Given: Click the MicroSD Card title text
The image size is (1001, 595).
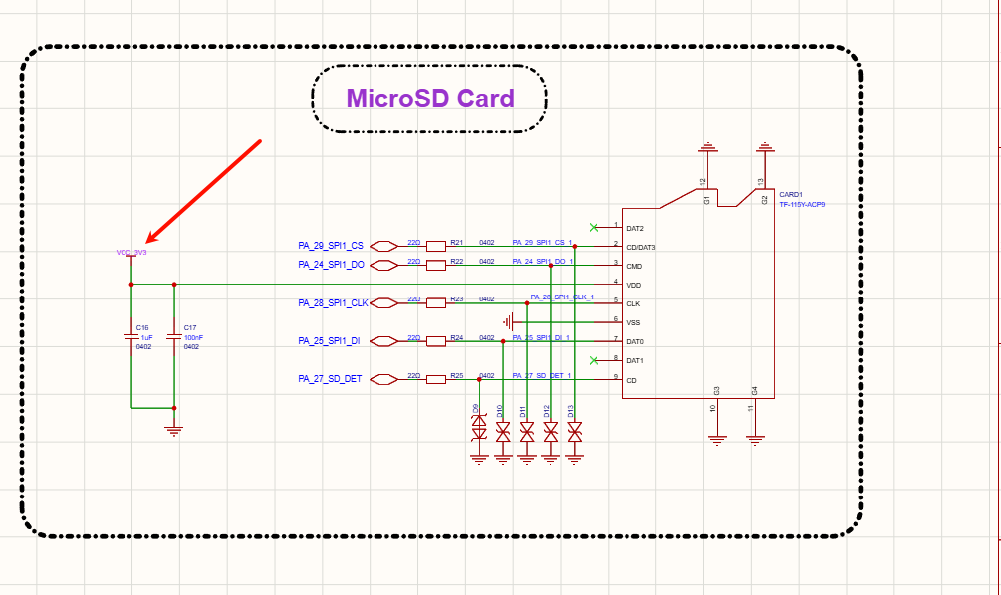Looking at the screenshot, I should click(x=430, y=99).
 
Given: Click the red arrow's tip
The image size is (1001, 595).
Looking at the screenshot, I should click(x=148, y=241).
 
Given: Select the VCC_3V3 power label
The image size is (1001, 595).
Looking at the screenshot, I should click(x=131, y=253).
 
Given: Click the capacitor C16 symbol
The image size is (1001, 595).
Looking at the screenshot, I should click(x=131, y=337).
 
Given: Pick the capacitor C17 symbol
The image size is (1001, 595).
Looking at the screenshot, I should click(x=174, y=337).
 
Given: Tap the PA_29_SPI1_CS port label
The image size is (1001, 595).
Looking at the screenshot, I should click(x=331, y=245).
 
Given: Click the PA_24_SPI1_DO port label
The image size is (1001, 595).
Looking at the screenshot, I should click(x=331, y=265).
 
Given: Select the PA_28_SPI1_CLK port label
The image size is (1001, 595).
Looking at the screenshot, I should click(x=333, y=302).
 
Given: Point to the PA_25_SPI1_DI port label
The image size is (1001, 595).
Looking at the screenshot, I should click(x=329, y=341).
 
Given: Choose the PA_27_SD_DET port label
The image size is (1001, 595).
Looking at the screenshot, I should click(x=330, y=379).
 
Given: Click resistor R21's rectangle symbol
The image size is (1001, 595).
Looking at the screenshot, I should click(x=435, y=245).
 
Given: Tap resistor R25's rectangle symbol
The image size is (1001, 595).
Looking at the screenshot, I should click(x=435, y=379).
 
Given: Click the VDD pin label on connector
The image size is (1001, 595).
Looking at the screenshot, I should click(x=633, y=286).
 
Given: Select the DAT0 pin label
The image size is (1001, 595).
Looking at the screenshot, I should click(x=635, y=342).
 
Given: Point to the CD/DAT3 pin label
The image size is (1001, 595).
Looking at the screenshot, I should click(x=641, y=247).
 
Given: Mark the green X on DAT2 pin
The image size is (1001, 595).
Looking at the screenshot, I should click(x=595, y=227).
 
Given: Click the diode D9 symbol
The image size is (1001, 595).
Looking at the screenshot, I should click(x=479, y=430).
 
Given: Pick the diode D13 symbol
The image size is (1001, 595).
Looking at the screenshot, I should click(x=575, y=431).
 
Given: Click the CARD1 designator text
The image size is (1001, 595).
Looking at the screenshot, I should click(x=791, y=195).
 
